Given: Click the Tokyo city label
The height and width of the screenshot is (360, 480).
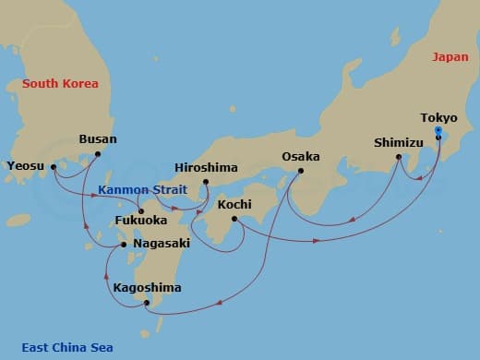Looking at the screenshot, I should tap(438, 118).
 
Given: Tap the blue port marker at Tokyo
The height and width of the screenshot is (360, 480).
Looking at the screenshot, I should tap(438, 130).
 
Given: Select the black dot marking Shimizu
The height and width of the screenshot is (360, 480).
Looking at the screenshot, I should tap(399, 157).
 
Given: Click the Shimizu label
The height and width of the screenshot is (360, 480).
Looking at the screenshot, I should tap(399, 143).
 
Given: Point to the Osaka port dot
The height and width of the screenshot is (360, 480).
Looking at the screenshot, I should tap(300, 171).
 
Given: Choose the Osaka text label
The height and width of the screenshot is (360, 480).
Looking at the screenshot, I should tap(300, 157).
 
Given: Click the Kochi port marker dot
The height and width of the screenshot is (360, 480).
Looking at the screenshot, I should tap(234, 219).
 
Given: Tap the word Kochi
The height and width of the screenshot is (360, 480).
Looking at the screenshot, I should tap(234, 205).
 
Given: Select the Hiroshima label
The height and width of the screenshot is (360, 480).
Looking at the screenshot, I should tap(206, 168).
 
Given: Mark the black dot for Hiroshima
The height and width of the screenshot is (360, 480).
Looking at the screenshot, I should tap(206, 181).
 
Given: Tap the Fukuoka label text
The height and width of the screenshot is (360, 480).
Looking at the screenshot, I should tap(140, 222).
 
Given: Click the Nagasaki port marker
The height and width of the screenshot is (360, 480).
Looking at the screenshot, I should tap(126, 245).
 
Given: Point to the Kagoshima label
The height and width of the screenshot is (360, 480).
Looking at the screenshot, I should tap(147, 288).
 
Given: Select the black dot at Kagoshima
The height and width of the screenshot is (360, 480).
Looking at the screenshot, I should tap(147, 302).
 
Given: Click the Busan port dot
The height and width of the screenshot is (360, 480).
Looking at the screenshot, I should tap(97, 154).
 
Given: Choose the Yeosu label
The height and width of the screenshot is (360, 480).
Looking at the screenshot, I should tap(25, 166).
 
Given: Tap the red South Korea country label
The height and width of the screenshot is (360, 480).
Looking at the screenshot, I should tap(60, 84).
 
